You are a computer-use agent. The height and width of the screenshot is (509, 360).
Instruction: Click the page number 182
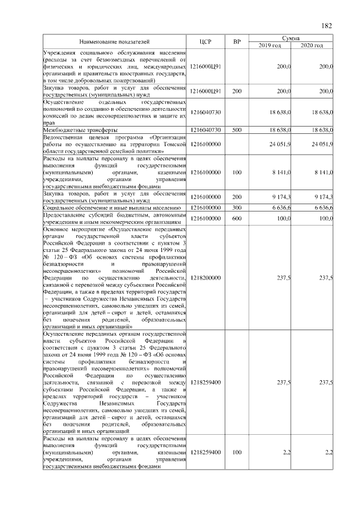point(327,26)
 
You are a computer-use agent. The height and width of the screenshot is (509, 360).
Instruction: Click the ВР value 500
point(237,130)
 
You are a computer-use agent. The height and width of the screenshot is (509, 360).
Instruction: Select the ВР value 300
point(237,208)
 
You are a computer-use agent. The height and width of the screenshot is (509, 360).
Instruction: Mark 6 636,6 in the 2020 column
point(322,208)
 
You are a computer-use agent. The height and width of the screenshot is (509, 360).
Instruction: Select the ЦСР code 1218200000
point(205,277)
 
